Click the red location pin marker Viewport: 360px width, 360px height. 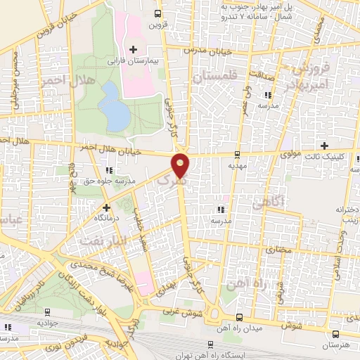coord(181,165)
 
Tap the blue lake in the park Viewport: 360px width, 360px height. coord(113,106)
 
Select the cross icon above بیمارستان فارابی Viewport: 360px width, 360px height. coord(132,49)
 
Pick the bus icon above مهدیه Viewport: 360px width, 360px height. coord(237,154)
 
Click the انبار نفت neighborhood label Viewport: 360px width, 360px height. coord(98,240)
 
